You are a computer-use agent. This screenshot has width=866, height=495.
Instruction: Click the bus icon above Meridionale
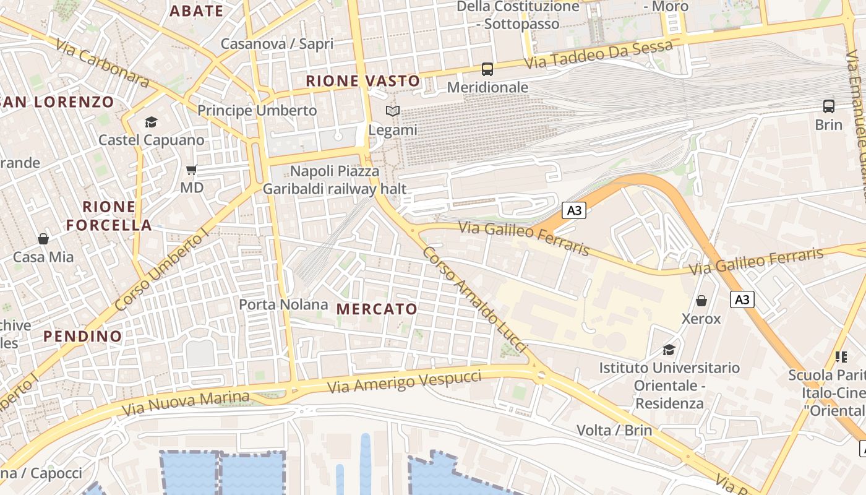[x=487, y=69]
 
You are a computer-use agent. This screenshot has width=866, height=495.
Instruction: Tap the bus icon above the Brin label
[x=828, y=106]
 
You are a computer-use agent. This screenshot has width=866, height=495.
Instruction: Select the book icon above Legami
[x=393, y=111]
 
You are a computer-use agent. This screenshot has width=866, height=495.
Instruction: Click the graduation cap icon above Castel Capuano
[x=151, y=122]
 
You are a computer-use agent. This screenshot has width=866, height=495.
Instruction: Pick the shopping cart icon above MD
[x=192, y=170]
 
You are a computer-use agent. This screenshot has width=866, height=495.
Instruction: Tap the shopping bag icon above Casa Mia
[x=43, y=239]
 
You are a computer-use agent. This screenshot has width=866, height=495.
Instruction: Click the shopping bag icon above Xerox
[x=701, y=301]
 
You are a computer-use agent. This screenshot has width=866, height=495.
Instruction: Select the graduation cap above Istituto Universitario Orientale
[x=669, y=350]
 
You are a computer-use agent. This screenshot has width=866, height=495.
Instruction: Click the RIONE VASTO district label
[x=363, y=80]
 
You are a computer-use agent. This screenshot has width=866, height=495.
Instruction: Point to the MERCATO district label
[x=377, y=309]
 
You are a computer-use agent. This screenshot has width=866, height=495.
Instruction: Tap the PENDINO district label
[x=83, y=336]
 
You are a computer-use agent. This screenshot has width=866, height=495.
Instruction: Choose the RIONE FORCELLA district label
[x=109, y=216]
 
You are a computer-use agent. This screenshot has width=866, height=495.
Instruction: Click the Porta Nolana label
[x=283, y=304]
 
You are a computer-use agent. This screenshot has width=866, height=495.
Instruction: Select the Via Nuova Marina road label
[x=186, y=403]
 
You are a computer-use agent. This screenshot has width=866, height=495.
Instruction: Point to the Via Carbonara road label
[x=102, y=63]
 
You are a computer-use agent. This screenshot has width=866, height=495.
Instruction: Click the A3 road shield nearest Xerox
[x=742, y=300]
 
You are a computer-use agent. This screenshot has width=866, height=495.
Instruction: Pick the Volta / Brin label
[x=614, y=430]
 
